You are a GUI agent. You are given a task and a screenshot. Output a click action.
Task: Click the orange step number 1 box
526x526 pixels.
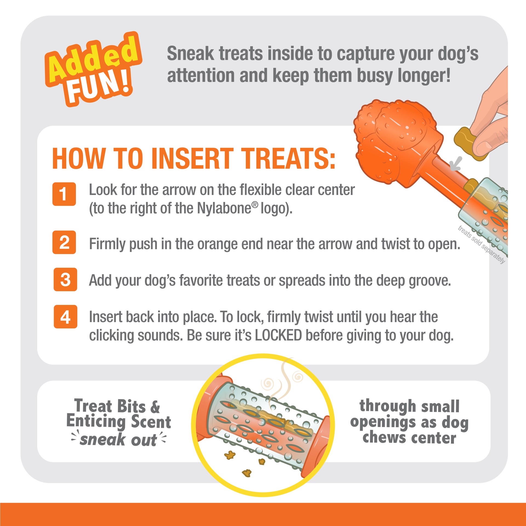click(x=64, y=194)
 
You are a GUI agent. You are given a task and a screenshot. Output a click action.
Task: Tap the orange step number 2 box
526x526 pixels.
click(x=64, y=242)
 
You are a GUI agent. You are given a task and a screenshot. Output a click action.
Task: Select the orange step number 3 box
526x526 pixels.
click(x=65, y=279)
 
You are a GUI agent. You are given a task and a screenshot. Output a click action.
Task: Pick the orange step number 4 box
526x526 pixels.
click(x=65, y=317)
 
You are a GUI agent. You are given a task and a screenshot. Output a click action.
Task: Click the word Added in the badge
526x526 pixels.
click(x=93, y=59)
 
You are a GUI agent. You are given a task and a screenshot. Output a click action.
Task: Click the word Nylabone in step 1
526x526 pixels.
click(x=224, y=209)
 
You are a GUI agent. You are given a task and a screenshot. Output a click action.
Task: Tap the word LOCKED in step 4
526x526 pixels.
click(x=278, y=335)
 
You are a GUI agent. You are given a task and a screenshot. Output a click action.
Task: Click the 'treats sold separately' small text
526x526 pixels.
click(x=481, y=244)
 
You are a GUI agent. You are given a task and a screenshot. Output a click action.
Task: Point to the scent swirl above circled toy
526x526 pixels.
click(x=285, y=384)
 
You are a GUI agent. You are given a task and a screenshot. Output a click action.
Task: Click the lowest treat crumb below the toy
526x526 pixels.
click(x=247, y=473)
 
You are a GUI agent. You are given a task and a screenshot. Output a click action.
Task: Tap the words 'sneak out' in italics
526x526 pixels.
click(x=118, y=440)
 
